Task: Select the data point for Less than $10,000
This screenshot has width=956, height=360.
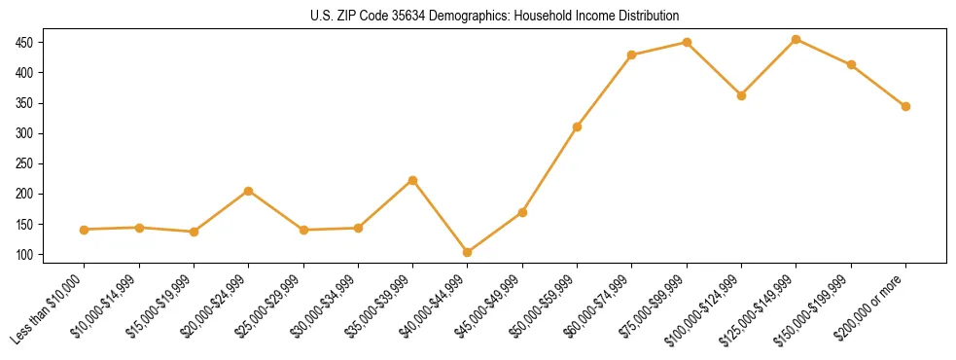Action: [x=85, y=230]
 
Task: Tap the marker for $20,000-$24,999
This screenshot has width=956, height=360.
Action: [x=249, y=191]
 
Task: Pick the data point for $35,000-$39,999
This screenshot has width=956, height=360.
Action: [x=413, y=180]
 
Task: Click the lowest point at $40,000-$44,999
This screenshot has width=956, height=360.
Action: [x=468, y=252]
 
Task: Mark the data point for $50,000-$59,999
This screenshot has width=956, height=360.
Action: [x=578, y=126]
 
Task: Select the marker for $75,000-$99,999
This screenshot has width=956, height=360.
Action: [x=687, y=42]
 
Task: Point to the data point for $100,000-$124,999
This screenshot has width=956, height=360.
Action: [x=741, y=95]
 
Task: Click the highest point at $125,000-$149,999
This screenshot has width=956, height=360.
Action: [x=797, y=39]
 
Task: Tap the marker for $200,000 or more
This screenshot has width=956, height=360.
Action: [x=905, y=106]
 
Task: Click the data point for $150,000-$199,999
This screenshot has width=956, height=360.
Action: [x=851, y=64]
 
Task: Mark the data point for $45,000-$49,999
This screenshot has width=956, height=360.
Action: [x=522, y=212]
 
